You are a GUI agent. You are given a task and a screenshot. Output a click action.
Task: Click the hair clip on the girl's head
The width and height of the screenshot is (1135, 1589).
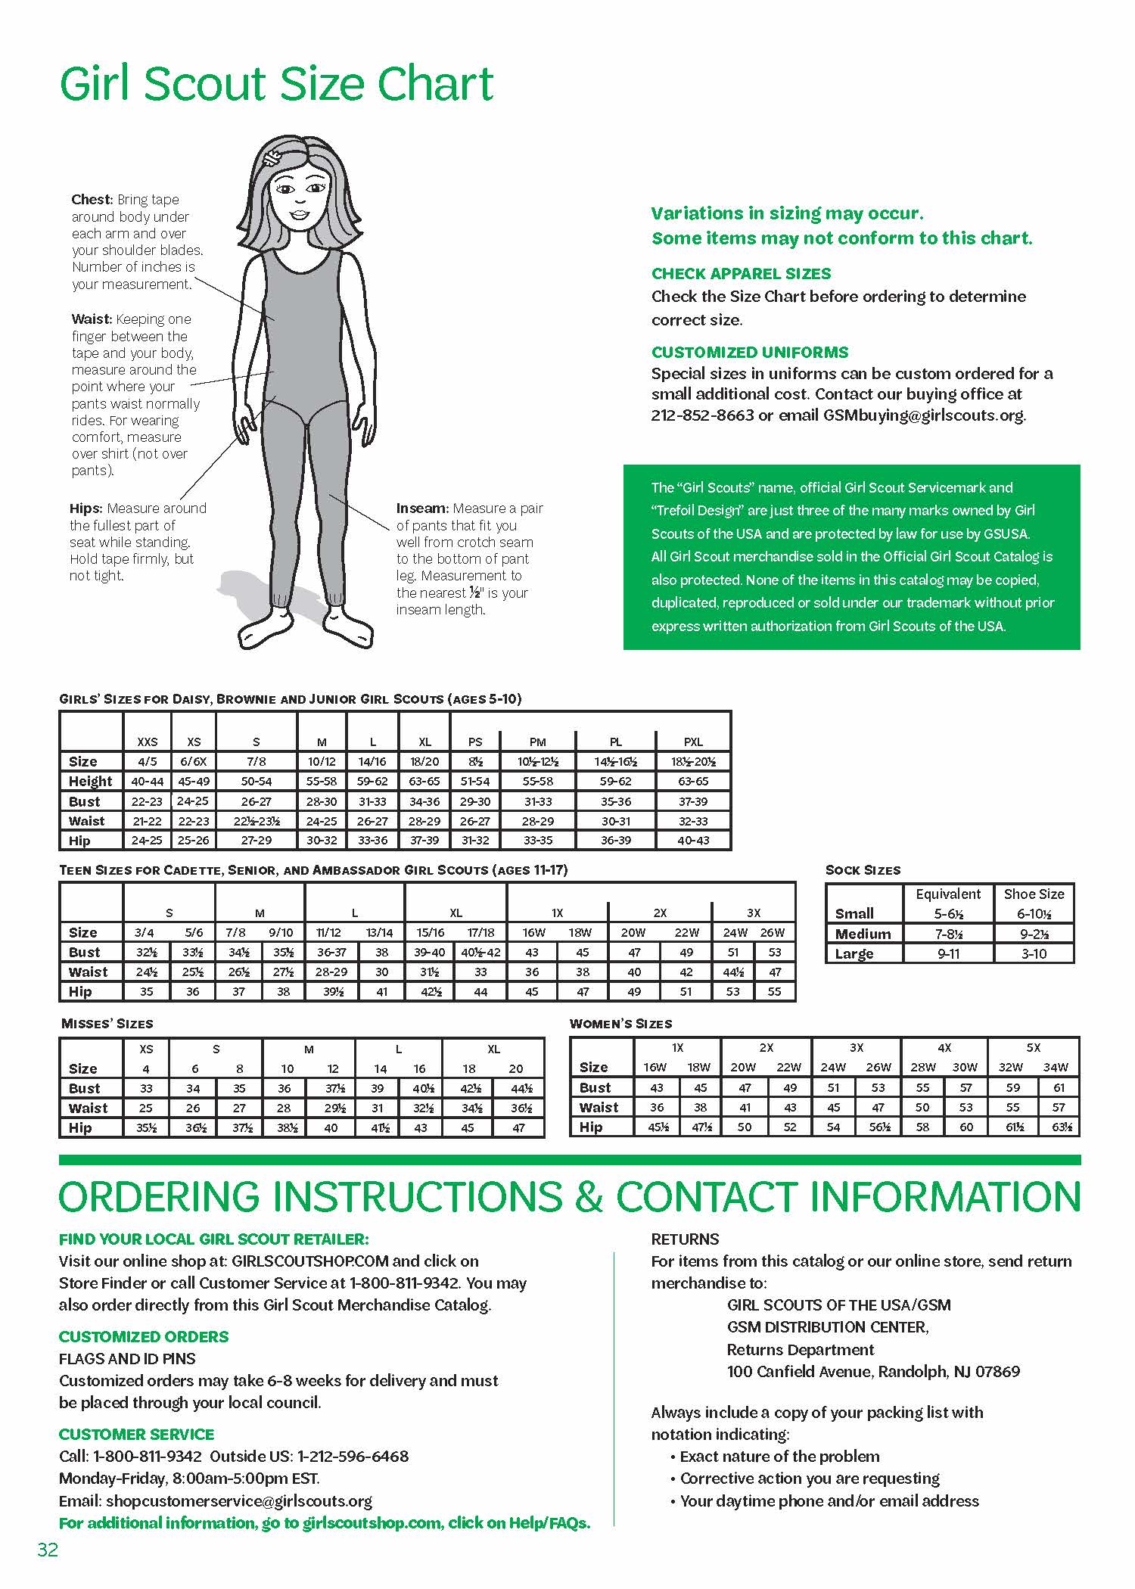(271, 158)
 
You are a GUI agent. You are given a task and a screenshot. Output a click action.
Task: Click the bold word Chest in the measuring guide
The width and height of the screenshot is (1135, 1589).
(92, 200)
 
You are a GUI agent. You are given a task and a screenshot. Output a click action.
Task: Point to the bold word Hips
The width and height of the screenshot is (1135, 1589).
(86, 508)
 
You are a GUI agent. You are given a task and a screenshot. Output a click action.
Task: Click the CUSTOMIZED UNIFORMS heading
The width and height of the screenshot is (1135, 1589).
(749, 352)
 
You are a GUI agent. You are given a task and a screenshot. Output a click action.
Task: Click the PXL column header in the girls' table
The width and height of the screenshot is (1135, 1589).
(693, 742)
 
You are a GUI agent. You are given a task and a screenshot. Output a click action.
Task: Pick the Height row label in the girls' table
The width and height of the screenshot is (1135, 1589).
(90, 781)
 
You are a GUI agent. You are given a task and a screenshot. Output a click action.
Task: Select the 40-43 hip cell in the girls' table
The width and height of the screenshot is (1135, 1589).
(693, 840)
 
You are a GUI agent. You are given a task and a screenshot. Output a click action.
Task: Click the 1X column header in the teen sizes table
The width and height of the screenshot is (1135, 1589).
(557, 913)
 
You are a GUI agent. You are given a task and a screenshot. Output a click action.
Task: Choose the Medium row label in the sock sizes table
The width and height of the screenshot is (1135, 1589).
(863, 934)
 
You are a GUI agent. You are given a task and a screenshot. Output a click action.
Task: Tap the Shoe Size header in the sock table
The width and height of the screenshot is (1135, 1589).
(1034, 894)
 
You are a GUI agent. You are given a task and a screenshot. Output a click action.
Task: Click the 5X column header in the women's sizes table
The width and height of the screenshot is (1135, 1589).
(1034, 1048)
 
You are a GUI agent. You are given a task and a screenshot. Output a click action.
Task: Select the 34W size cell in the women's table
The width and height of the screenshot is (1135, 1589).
(1056, 1068)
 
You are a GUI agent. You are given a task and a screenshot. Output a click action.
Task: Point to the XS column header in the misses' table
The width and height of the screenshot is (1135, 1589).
(146, 1049)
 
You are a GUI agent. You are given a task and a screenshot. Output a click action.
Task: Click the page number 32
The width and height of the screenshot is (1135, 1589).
(47, 1550)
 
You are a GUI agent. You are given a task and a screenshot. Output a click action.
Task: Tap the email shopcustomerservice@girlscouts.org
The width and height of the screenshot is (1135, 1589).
(239, 1500)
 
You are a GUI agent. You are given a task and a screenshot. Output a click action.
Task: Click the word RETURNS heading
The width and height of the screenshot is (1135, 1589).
(685, 1239)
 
